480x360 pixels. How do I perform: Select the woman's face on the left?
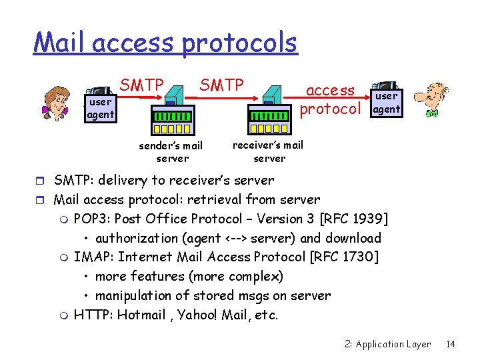[x=58, y=101]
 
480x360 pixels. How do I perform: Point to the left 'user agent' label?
[x=100, y=109]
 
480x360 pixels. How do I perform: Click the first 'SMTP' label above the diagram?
[x=141, y=85]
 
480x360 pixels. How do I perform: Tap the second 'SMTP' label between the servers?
[x=222, y=85]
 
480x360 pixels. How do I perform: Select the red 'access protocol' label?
[x=331, y=99]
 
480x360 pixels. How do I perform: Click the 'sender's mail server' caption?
[x=171, y=152]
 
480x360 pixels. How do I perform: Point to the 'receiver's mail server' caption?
[x=268, y=151]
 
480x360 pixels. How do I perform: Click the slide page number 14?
[x=451, y=344]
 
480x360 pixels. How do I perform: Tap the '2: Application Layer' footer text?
[x=388, y=344]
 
